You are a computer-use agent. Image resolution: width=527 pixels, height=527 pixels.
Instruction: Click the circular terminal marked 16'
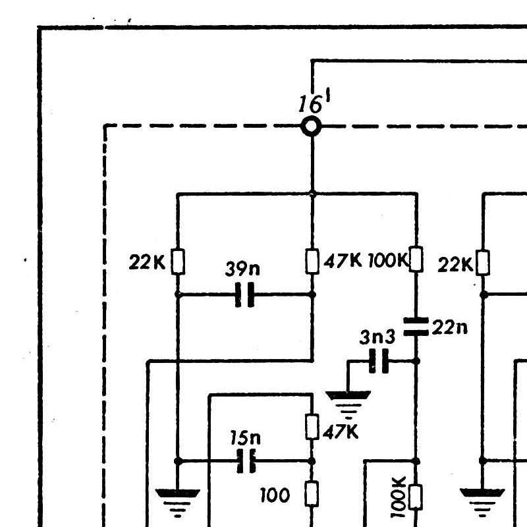311,126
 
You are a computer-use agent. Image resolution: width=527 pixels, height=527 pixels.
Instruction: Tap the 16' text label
315,102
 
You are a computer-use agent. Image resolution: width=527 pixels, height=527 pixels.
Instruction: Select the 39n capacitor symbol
244,294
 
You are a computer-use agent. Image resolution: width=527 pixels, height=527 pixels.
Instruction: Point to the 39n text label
242,269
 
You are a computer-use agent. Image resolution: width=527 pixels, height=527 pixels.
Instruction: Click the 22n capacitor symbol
416,326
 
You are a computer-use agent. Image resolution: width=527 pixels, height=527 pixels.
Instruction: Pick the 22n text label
449,327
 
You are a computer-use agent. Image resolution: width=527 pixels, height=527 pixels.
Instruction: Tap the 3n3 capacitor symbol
379,361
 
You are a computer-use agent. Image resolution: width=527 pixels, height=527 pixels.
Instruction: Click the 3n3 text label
377,337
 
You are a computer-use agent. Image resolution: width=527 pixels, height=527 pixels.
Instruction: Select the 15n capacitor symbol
246,461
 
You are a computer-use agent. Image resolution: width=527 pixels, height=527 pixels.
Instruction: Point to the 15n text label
245,437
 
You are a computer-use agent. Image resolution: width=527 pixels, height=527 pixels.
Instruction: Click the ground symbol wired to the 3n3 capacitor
348,404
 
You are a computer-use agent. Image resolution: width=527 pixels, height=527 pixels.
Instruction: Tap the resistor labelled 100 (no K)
312,493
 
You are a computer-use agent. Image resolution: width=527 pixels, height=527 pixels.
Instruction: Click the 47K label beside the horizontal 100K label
343,261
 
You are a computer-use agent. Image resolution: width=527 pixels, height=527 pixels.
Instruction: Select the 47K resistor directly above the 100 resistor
312,427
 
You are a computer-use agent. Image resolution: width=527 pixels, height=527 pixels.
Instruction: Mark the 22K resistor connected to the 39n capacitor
178,262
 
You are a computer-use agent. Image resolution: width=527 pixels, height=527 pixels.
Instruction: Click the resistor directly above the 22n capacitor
416,259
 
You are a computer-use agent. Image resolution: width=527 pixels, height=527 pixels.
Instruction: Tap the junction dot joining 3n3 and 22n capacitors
416,361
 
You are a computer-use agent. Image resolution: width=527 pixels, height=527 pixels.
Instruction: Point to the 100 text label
275,495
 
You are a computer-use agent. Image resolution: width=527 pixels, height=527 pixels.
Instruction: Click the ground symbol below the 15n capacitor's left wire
177,503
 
